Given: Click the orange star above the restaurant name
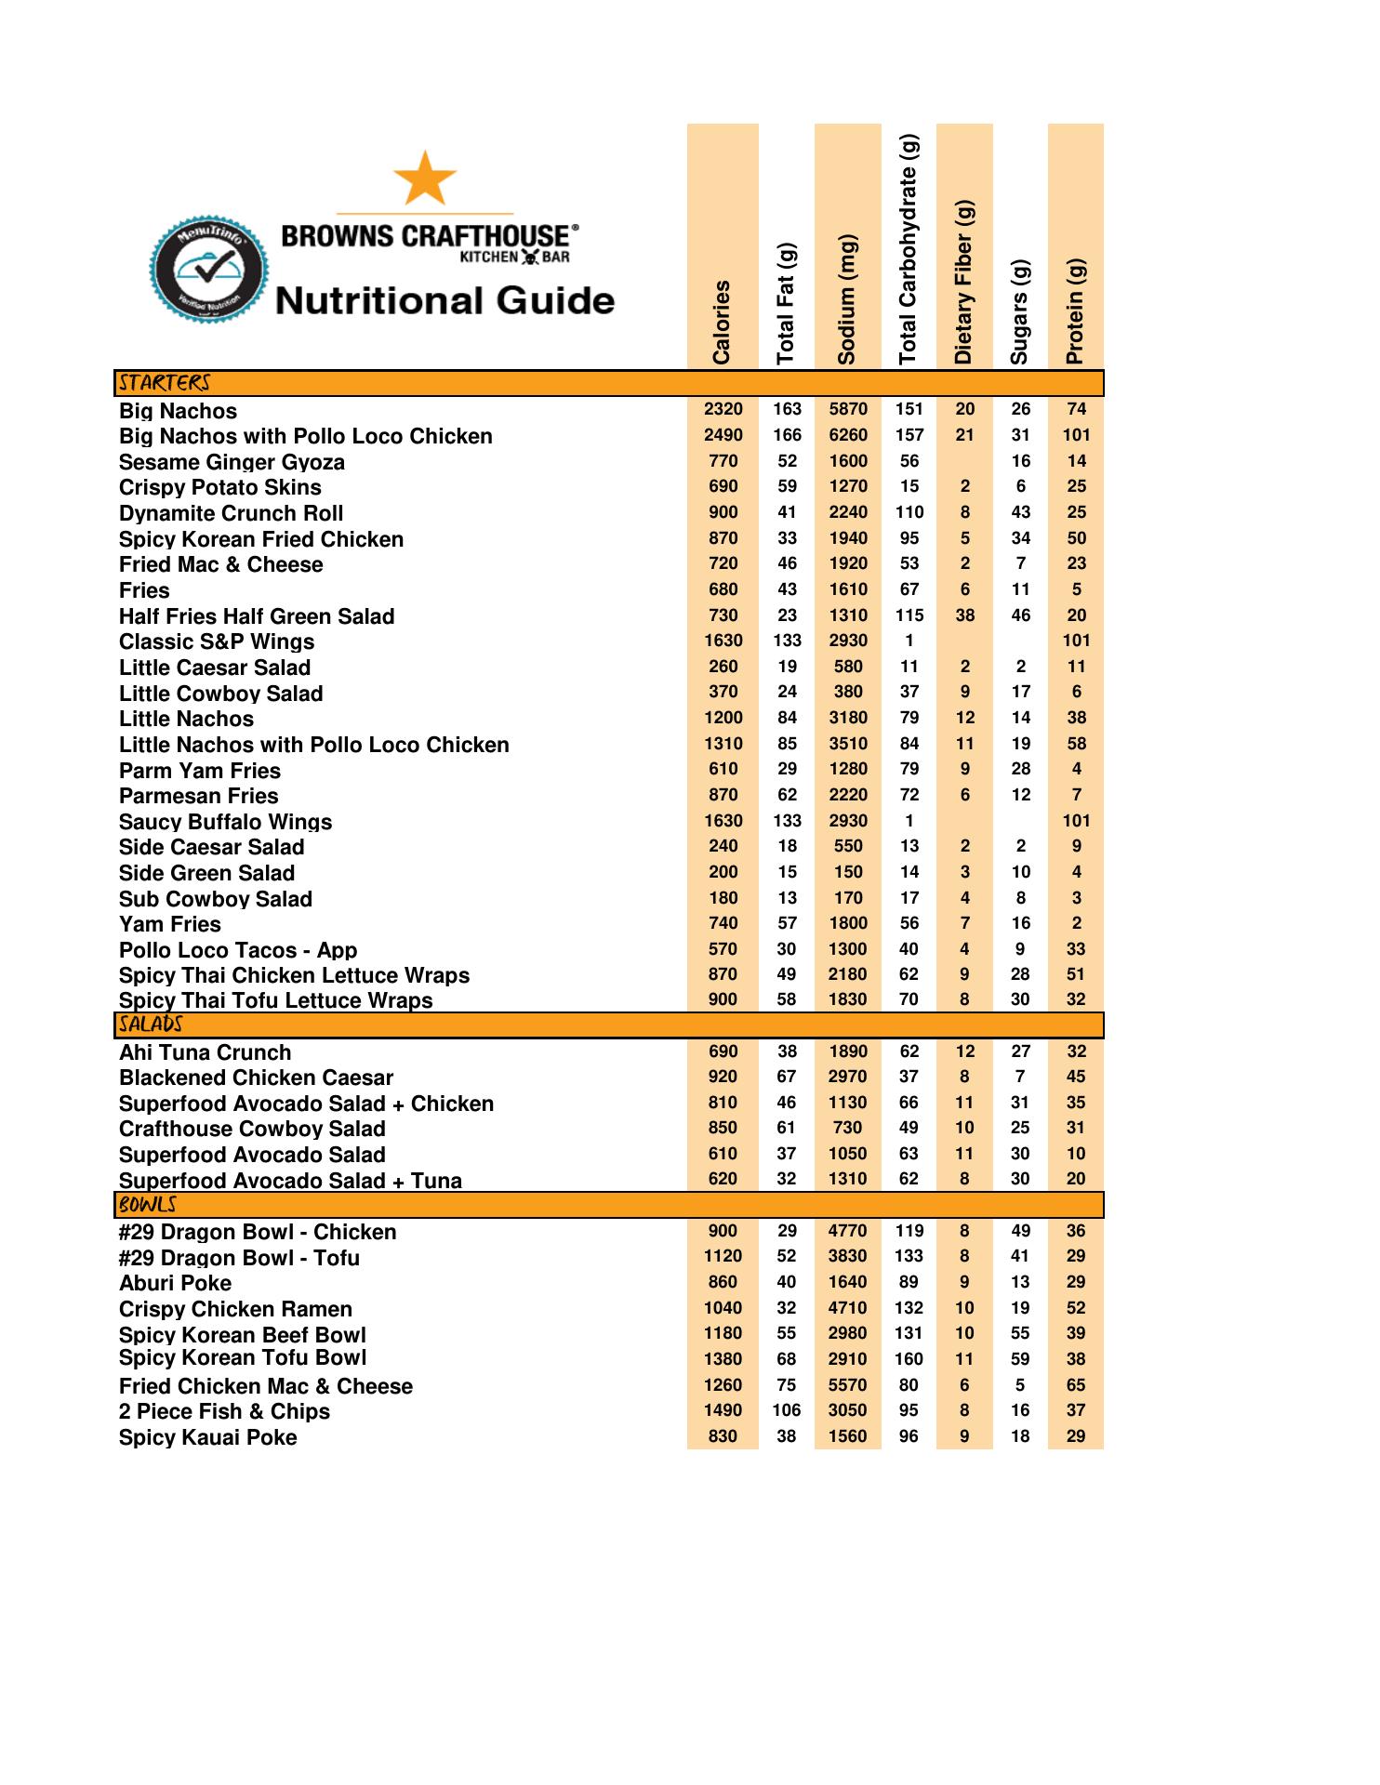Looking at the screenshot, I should (x=425, y=178).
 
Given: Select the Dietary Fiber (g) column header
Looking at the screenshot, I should (x=964, y=282).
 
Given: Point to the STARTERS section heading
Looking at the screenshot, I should (x=164, y=383).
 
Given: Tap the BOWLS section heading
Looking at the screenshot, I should (x=148, y=1205).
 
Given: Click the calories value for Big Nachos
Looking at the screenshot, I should (x=723, y=409).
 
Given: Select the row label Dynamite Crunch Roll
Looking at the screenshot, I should (x=231, y=514).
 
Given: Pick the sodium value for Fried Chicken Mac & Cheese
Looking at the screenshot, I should (x=847, y=1385).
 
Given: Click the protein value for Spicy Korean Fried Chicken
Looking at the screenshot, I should (x=1076, y=538).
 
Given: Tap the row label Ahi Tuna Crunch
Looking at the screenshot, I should (x=205, y=1052).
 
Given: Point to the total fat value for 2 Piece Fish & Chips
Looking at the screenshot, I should (x=787, y=1410).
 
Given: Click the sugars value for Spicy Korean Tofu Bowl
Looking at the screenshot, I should (x=1020, y=1359).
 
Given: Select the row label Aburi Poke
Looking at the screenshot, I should (x=175, y=1283).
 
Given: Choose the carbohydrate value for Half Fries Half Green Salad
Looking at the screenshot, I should (x=909, y=615).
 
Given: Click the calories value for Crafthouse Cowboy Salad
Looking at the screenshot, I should (x=723, y=1128).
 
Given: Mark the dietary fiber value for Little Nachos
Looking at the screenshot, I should (x=964, y=718).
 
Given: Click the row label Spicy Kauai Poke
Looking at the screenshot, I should (x=207, y=1437).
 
